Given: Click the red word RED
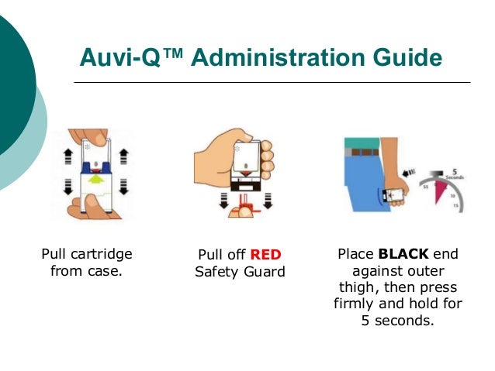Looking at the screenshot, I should (266, 255).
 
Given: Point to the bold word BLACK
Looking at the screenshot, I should (403, 253).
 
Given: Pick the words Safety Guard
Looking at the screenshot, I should (240, 272).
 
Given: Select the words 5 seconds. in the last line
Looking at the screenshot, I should (398, 321).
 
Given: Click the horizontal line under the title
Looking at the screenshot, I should (272, 82).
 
